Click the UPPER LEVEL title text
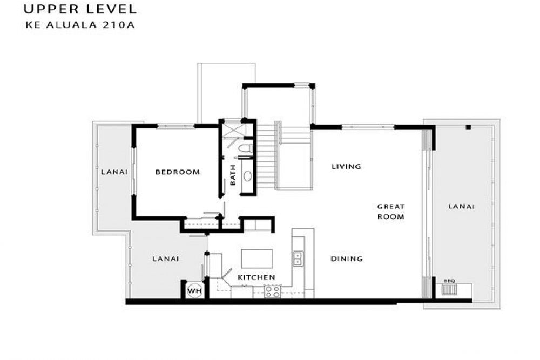(80, 9)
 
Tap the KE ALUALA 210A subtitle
(80, 25)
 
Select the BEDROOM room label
(178, 172)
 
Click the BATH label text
(233, 175)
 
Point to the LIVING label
(347, 166)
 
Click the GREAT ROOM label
(391, 212)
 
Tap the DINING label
(347, 259)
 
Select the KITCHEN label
(256, 277)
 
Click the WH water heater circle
(194, 291)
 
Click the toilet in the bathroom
(246, 148)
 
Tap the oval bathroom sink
(248, 176)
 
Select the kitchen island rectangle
(257, 259)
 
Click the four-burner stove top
(273, 291)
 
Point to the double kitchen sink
(297, 258)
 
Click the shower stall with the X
(232, 130)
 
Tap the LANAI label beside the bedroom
(114, 172)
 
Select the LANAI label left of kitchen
(166, 259)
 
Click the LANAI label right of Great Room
(462, 206)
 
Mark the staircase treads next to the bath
(267, 157)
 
